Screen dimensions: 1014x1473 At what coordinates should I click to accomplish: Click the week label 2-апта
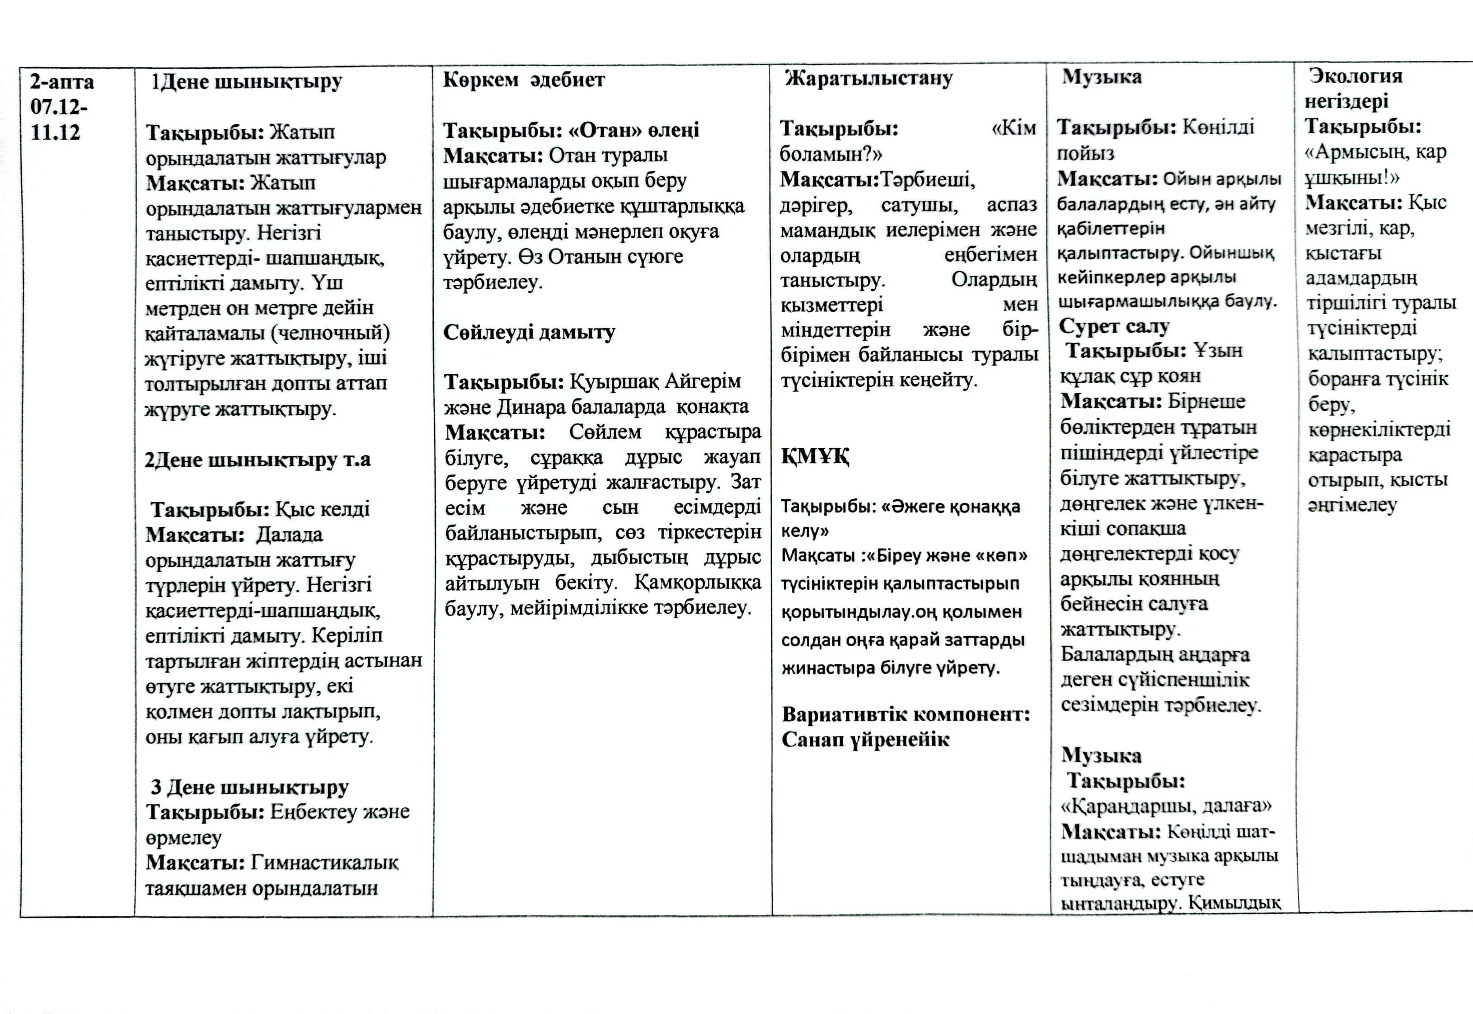(x=61, y=82)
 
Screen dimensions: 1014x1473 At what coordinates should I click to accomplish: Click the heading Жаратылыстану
(x=868, y=79)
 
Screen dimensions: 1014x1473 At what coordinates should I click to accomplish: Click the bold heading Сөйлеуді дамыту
(x=529, y=332)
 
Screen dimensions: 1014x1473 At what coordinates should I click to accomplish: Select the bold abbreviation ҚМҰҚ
(x=815, y=456)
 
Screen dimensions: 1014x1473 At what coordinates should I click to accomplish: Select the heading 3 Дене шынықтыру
(x=249, y=787)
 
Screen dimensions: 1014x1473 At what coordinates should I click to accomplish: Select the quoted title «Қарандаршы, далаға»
(x=1166, y=806)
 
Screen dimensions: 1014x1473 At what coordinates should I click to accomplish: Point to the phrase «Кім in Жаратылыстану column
(x=1014, y=129)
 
